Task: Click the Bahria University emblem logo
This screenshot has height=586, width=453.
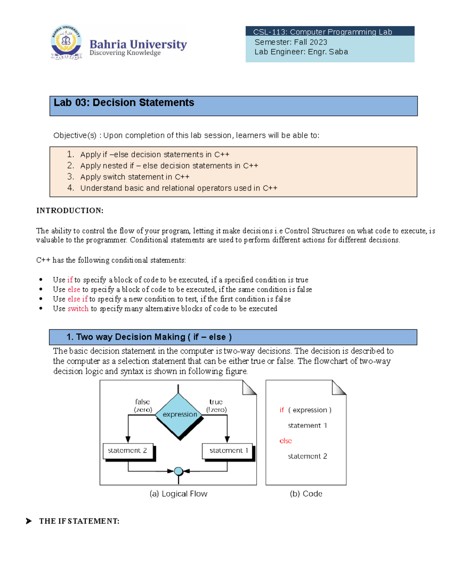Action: [x=66, y=42]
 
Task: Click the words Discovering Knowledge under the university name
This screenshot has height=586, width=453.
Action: [x=125, y=53]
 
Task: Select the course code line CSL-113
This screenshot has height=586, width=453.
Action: [x=322, y=32]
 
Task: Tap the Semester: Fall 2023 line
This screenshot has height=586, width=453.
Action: [x=291, y=42]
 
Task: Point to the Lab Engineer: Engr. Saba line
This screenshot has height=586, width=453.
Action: [x=301, y=52]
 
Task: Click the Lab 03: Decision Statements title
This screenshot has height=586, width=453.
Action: [x=124, y=103]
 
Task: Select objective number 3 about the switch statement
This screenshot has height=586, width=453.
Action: [x=134, y=177]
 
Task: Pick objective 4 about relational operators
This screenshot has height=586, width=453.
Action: [x=178, y=188]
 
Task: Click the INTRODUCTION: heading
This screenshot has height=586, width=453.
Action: [x=70, y=211]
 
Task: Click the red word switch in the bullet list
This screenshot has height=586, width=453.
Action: [x=78, y=309]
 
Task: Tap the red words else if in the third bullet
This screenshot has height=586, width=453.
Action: [x=77, y=299]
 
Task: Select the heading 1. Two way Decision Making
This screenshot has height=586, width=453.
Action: [x=149, y=337]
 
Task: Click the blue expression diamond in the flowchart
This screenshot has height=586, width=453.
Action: [x=179, y=415]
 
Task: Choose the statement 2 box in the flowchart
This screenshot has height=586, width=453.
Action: [x=128, y=451]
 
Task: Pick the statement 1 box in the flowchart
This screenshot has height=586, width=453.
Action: [x=228, y=451]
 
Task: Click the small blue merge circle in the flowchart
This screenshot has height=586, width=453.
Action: [x=179, y=471]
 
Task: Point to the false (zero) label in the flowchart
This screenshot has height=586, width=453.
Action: [x=143, y=406]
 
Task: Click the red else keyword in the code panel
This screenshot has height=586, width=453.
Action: [x=285, y=441]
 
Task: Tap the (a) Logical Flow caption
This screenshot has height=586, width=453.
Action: [x=178, y=494]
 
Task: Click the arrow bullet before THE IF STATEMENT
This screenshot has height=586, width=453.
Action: [x=29, y=521]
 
